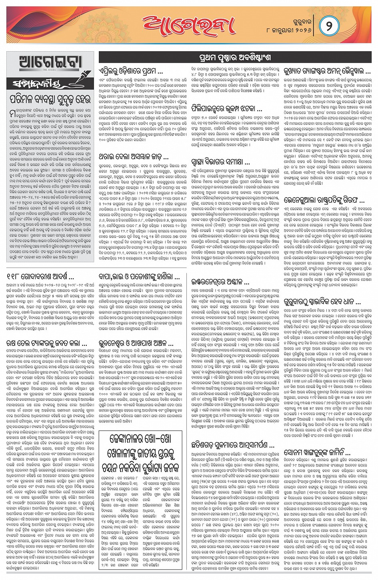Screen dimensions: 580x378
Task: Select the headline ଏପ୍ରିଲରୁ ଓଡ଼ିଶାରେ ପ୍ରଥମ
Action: [x=131, y=72]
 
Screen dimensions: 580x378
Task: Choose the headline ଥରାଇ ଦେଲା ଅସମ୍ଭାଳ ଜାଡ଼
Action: [x=133, y=157]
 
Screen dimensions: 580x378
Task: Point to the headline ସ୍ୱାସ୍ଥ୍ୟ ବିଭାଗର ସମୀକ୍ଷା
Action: [x=220, y=162]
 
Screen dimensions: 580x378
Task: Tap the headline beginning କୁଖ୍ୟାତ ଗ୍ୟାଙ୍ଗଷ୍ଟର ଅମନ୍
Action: [x=327, y=72]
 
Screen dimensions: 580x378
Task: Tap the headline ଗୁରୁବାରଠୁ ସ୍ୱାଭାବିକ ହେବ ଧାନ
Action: [x=322, y=302]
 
